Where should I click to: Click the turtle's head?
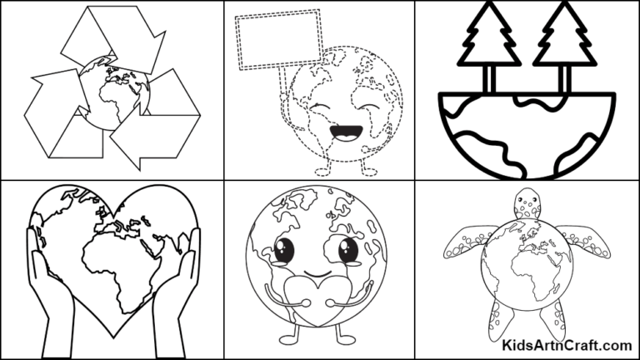527,203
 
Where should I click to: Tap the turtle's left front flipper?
464,242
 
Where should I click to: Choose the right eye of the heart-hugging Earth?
347,250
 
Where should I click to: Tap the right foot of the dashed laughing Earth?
367,169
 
